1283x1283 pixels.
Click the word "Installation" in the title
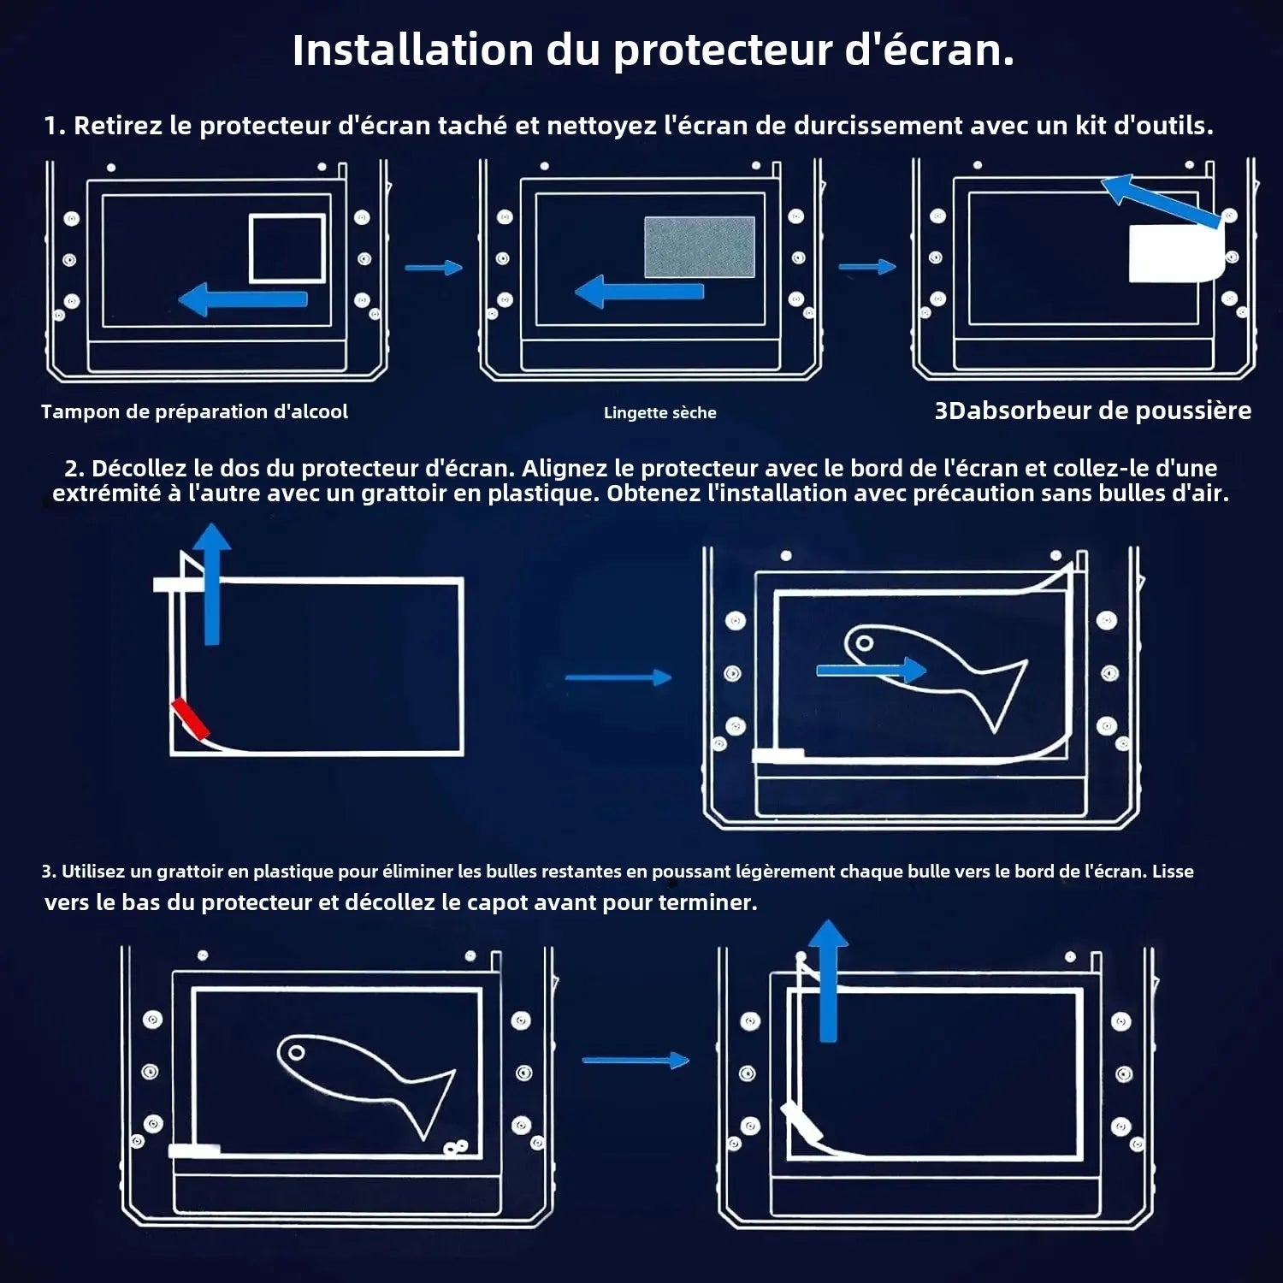pos(413,50)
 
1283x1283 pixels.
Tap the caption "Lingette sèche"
pos(659,413)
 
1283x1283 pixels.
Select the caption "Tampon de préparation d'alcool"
pos(194,412)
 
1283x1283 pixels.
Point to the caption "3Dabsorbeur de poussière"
pos(1092,411)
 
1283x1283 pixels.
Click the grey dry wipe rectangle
pos(700,247)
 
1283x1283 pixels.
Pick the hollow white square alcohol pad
pos(287,249)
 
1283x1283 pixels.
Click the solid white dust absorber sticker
pos(1176,254)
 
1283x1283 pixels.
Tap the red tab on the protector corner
pos(190,718)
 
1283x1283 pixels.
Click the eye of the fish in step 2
pos(865,642)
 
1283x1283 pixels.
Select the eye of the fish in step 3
pos(295,1051)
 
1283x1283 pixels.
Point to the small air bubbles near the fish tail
pos(455,1148)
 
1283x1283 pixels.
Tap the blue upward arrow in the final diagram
pos(827,981)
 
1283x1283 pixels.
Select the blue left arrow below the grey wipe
pos(640,292)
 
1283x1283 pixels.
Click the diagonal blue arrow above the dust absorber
pos(1162,201)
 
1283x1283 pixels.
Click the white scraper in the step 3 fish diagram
pos(194,1150)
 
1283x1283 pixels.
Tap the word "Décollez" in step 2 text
pos(138,469)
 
